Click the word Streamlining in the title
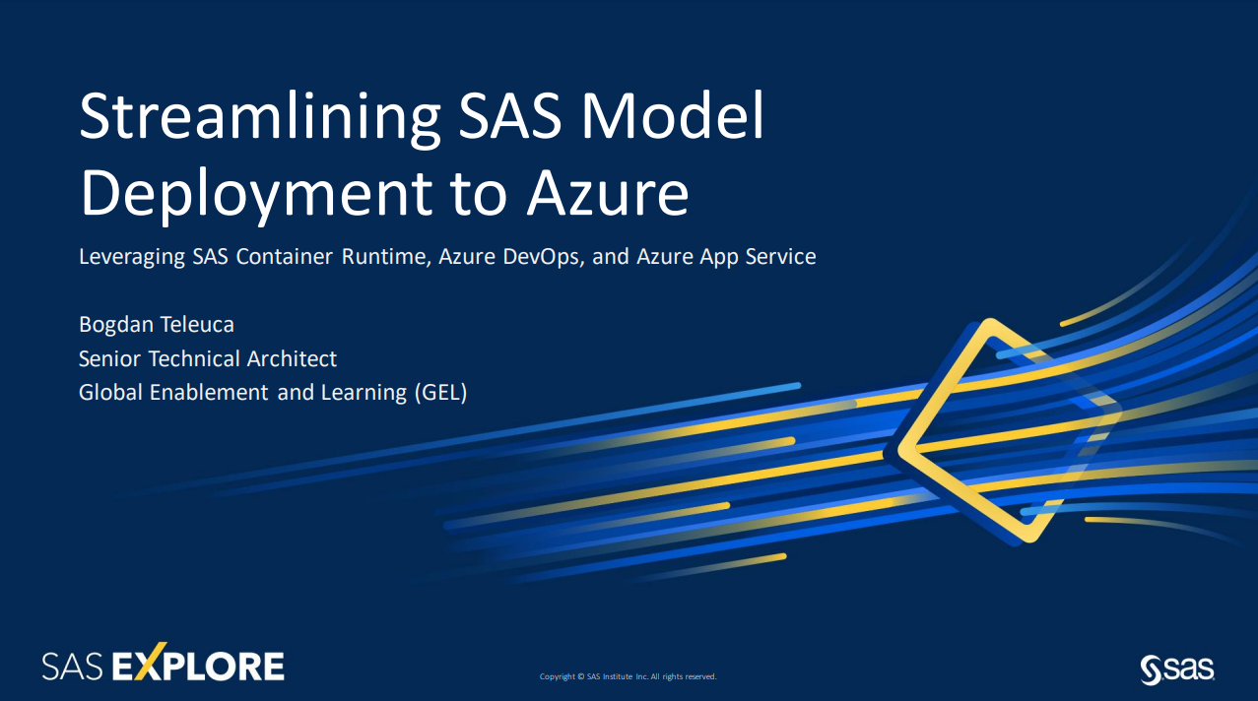[x=259, y=119]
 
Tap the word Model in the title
[x=672, y=115]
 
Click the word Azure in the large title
[x=607, y=193]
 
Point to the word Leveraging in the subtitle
[x=131, y=257]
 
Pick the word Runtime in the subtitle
[x=386, y=257]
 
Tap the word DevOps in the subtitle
[x=544, y=257]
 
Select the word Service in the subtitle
[x=780, y=256]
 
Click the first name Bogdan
[x=115, y=325]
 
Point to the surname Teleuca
[x=197, y=324]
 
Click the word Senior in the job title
[x=109, y=358]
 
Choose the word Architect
[x=292, y=358]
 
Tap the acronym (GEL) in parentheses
[x=441, y=392]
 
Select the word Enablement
[x=209, y=392]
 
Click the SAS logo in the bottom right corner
[x=1177, y=669]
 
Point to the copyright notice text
[x=628, y=676]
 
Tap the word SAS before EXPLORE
[x=73, y=667]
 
